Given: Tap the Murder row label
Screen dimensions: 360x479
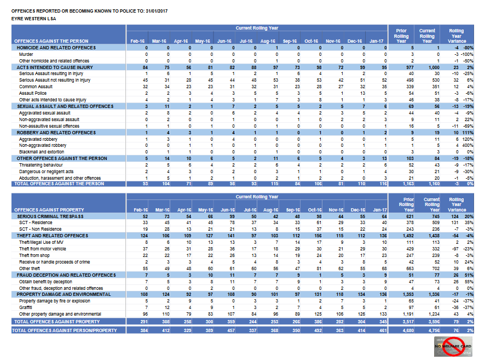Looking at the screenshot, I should tap(26, 54).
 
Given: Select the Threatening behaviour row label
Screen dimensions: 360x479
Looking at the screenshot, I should tap(42, 164).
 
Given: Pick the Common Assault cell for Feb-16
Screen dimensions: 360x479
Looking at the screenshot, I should tap(146, 86).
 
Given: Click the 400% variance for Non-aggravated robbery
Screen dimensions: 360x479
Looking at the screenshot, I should tap(469, 145).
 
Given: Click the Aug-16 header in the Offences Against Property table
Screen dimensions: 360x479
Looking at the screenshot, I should tap(268, 210).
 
